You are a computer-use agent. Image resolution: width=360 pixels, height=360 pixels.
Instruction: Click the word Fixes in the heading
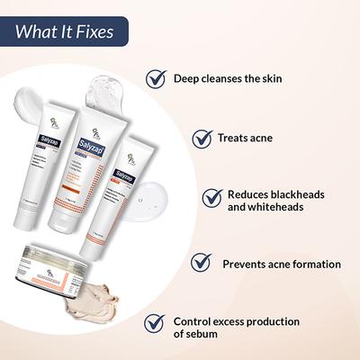click(x=94, y=33)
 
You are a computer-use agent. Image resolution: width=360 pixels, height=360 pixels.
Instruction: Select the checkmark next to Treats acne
click(x=202, y=138)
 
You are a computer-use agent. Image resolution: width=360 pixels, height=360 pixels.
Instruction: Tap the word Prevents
click(x=247, y=264)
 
